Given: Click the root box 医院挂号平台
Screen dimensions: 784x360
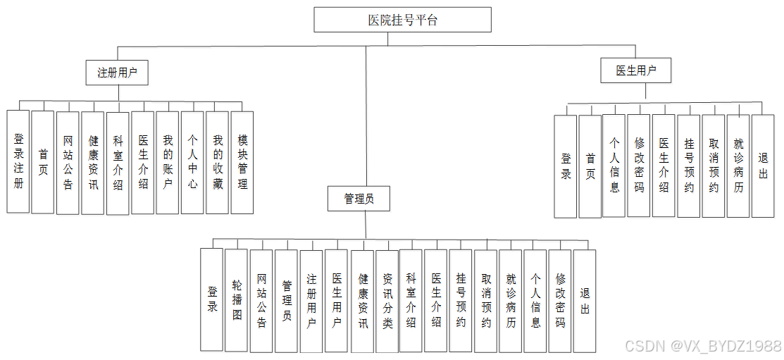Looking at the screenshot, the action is pos(402,20).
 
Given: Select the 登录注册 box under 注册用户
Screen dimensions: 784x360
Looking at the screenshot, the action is pos(18,161).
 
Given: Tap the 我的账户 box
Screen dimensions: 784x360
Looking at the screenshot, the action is pos(167,162).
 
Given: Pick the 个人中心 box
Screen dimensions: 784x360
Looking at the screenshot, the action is pos(192,162).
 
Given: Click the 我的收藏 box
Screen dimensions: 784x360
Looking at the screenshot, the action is pos(217,162).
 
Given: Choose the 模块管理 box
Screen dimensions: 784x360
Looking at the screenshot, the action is pos(242,162).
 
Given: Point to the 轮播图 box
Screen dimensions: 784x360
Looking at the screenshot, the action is pos(237,300).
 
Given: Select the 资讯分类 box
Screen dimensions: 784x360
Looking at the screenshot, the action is pos(387,301).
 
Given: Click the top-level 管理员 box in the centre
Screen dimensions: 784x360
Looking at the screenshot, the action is pos(359,199).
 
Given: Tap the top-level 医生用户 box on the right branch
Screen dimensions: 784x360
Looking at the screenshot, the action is pos(635,70).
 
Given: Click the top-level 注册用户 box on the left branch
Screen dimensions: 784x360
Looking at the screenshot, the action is pos(117,72).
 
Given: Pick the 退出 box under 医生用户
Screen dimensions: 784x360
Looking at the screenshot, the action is pos(763,166).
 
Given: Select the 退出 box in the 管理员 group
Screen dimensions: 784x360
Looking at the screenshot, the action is pos(585,301).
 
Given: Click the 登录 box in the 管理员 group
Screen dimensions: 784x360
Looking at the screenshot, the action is pos(212,300).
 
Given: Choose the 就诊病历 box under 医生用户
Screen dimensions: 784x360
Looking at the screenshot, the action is pos(738,166).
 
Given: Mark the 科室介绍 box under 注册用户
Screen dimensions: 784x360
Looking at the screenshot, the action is pos(118,162).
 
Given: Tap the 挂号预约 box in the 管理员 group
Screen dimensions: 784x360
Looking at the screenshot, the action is pos(461,301).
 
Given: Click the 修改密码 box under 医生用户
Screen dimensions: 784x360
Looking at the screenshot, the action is pos(639,166).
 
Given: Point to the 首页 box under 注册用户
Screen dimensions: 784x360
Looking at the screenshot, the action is pos(43,161).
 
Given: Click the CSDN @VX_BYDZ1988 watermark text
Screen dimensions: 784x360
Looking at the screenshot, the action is pos(702,346).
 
